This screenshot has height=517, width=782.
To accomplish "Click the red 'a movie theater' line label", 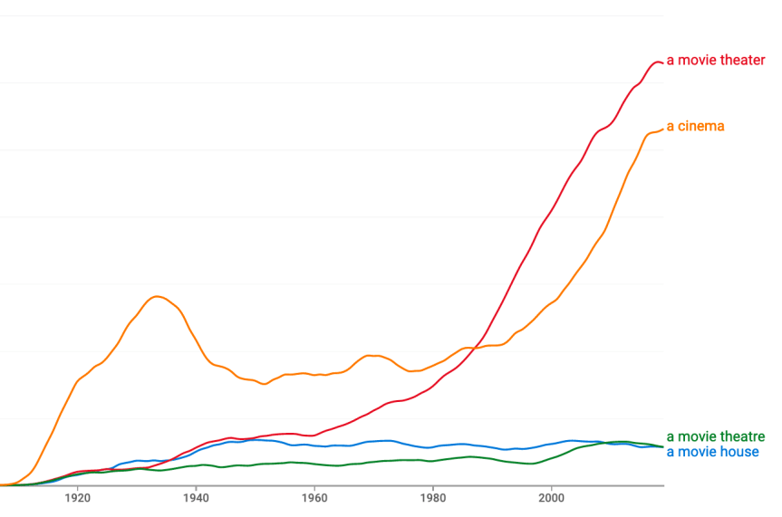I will (716, 61).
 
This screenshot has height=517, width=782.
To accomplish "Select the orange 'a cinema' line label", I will (695, 126).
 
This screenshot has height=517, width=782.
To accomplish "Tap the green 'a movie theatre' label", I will (715, 437).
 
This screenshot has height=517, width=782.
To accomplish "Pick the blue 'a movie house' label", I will (712, 452).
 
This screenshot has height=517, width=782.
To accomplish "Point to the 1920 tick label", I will (77, 497).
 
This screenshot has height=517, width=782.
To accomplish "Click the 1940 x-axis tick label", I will (196, 497).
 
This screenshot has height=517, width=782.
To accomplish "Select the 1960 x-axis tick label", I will (314, 497).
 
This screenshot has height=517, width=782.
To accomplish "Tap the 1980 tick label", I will (433, 497).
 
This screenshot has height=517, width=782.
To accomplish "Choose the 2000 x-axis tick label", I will (551, 497).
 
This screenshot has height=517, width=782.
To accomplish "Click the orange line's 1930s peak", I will (158, 296).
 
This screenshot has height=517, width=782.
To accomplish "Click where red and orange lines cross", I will (469, 349).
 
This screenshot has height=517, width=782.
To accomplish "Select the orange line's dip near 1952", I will (265, 385).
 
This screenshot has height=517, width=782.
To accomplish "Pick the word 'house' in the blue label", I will (740, 452).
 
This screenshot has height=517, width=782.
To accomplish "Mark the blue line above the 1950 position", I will (255, 440).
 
